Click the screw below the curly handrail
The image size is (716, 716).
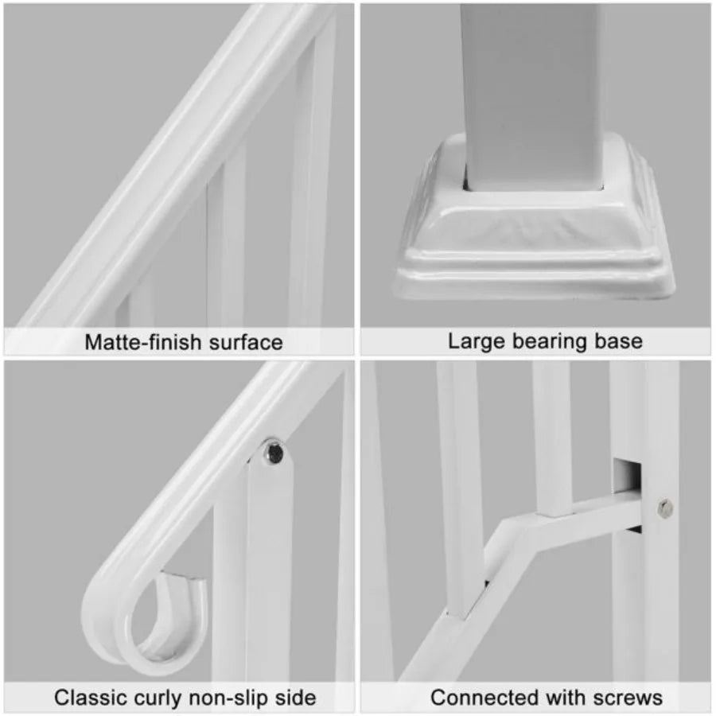pyautogui.click(x=274, y=453)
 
